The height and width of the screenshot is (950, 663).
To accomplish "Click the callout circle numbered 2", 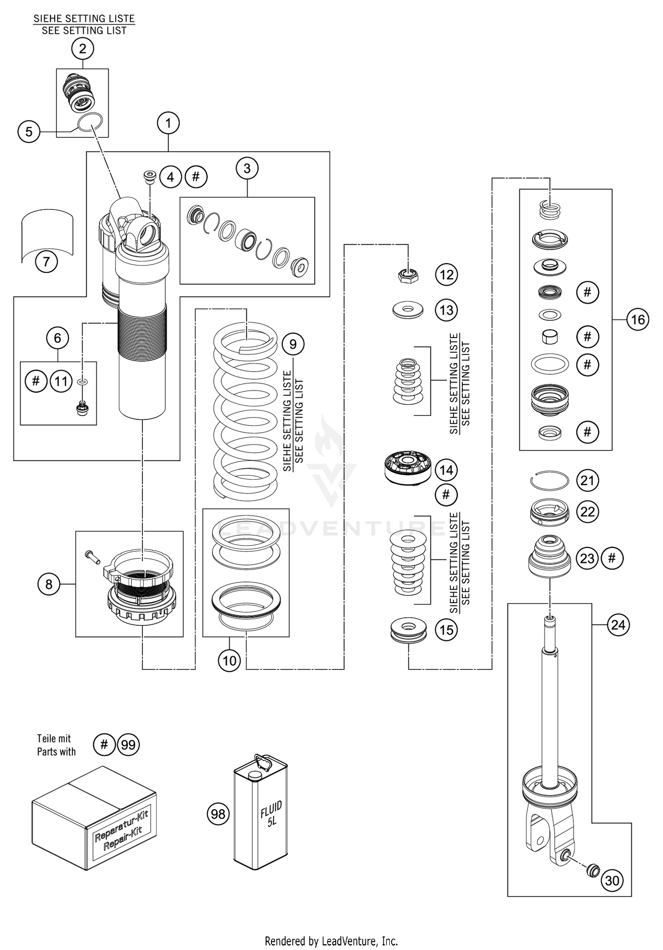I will pyautogui.click(x=83, y=49).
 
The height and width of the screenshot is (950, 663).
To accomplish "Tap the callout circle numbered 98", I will pyautogui.click(x=218, y=813).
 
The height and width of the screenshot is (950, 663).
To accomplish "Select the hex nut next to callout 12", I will pyautogui.click(x=408, y=276).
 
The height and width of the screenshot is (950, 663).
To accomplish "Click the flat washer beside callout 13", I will pyautogui.click(x=408, y=310).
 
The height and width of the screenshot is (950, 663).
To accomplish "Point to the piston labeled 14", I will pyautogui.click(x=408, y=469).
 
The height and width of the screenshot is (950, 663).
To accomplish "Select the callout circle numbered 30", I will pyautogui.click(x=612, y=880).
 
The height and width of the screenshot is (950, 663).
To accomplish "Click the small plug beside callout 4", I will pyautogui.click(x=150, y=176).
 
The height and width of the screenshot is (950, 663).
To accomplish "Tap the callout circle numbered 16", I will pyautogui.click(x=638, y=319).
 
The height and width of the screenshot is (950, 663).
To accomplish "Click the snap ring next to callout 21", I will pyautogui.click(x=549, y=480).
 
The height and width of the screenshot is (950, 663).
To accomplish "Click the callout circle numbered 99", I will pyautogui.click(x=128, y=745).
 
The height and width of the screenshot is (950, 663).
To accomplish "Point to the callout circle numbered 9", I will pyautogui.click(x=293, y=344).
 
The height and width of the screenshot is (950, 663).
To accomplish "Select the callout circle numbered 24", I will pyautogui.click(x=618, y=624).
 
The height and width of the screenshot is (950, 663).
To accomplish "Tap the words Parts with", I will pyautogui.click(x=56, y=752).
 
